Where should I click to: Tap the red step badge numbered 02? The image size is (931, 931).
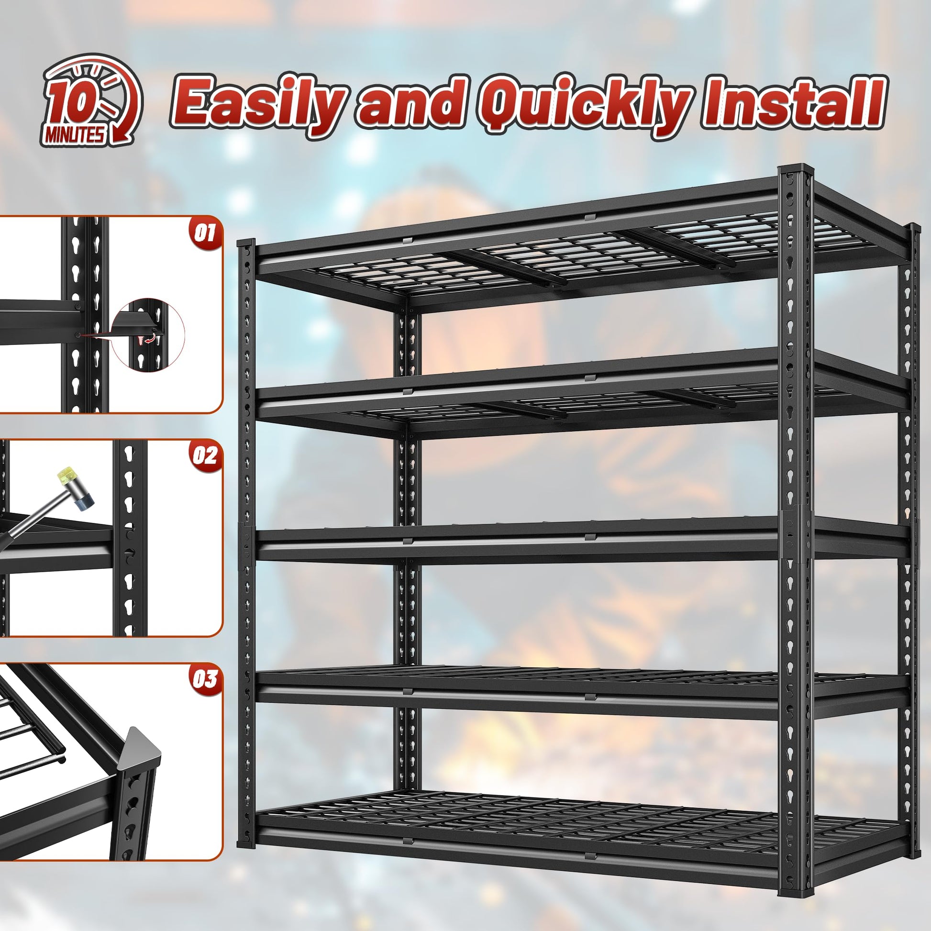204,455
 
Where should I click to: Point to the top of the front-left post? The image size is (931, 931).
246,243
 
